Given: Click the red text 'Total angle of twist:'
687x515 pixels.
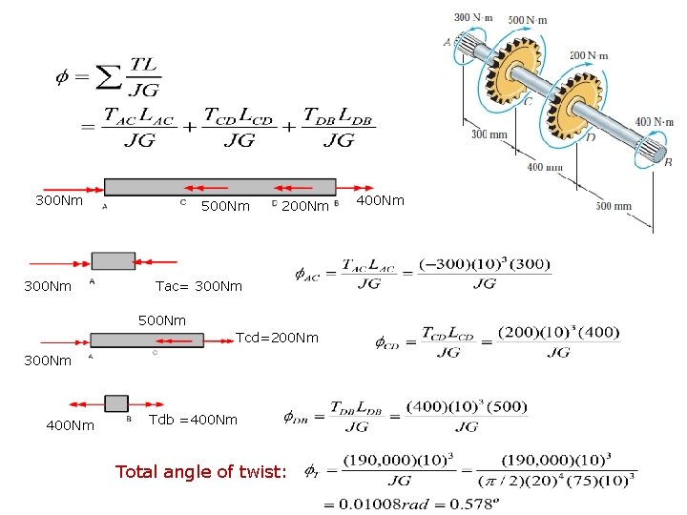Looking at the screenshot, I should [199, 470].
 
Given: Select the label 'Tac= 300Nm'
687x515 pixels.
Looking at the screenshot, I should [198, 286].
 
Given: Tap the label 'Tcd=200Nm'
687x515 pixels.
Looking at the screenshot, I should [277, 338].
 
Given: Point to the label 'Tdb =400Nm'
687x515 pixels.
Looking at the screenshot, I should [194, 420].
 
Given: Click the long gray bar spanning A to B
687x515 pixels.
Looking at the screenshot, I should [219, 187].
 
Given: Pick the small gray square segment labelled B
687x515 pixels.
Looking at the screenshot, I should [116, 403].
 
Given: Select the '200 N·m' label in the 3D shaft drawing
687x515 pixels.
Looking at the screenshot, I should [588, 56].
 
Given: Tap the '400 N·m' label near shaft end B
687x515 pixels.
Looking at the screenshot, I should [656, 121].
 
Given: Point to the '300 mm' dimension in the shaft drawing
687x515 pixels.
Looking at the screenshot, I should [489, 134].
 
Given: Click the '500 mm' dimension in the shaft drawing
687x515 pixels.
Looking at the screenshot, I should [614, 206].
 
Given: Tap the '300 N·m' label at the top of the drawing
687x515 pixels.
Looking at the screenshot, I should [474, 17].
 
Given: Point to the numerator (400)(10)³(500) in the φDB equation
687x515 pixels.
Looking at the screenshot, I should [467, 407].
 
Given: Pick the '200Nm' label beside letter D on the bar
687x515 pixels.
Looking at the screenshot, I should [307, 206].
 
